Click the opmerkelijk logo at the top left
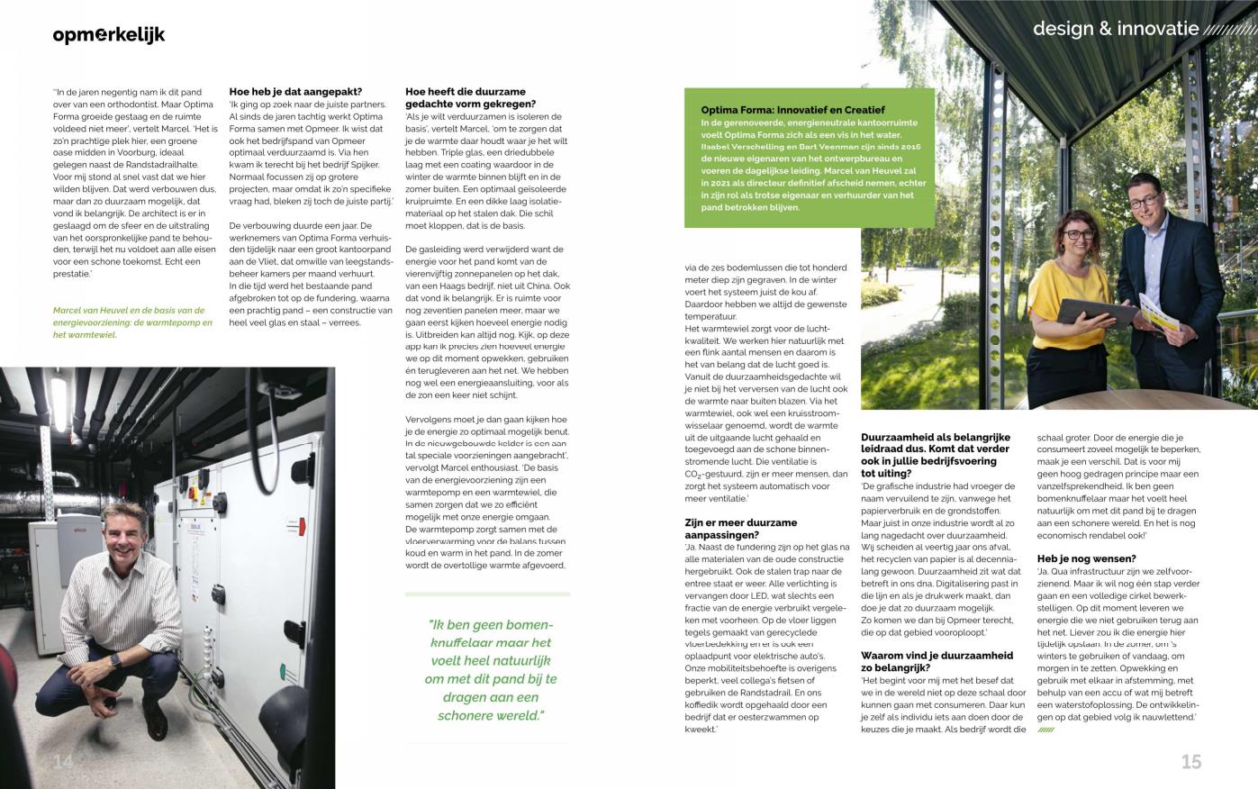coord(109,35)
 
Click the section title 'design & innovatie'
coord(1115,29)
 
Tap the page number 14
coord(62,762)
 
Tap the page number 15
coord(1190,762)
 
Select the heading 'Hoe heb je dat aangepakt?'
coord(295,91)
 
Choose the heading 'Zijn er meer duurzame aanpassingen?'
coord(741,529)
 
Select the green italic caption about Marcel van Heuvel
coord(132,322)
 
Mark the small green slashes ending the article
coord(1045,730)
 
